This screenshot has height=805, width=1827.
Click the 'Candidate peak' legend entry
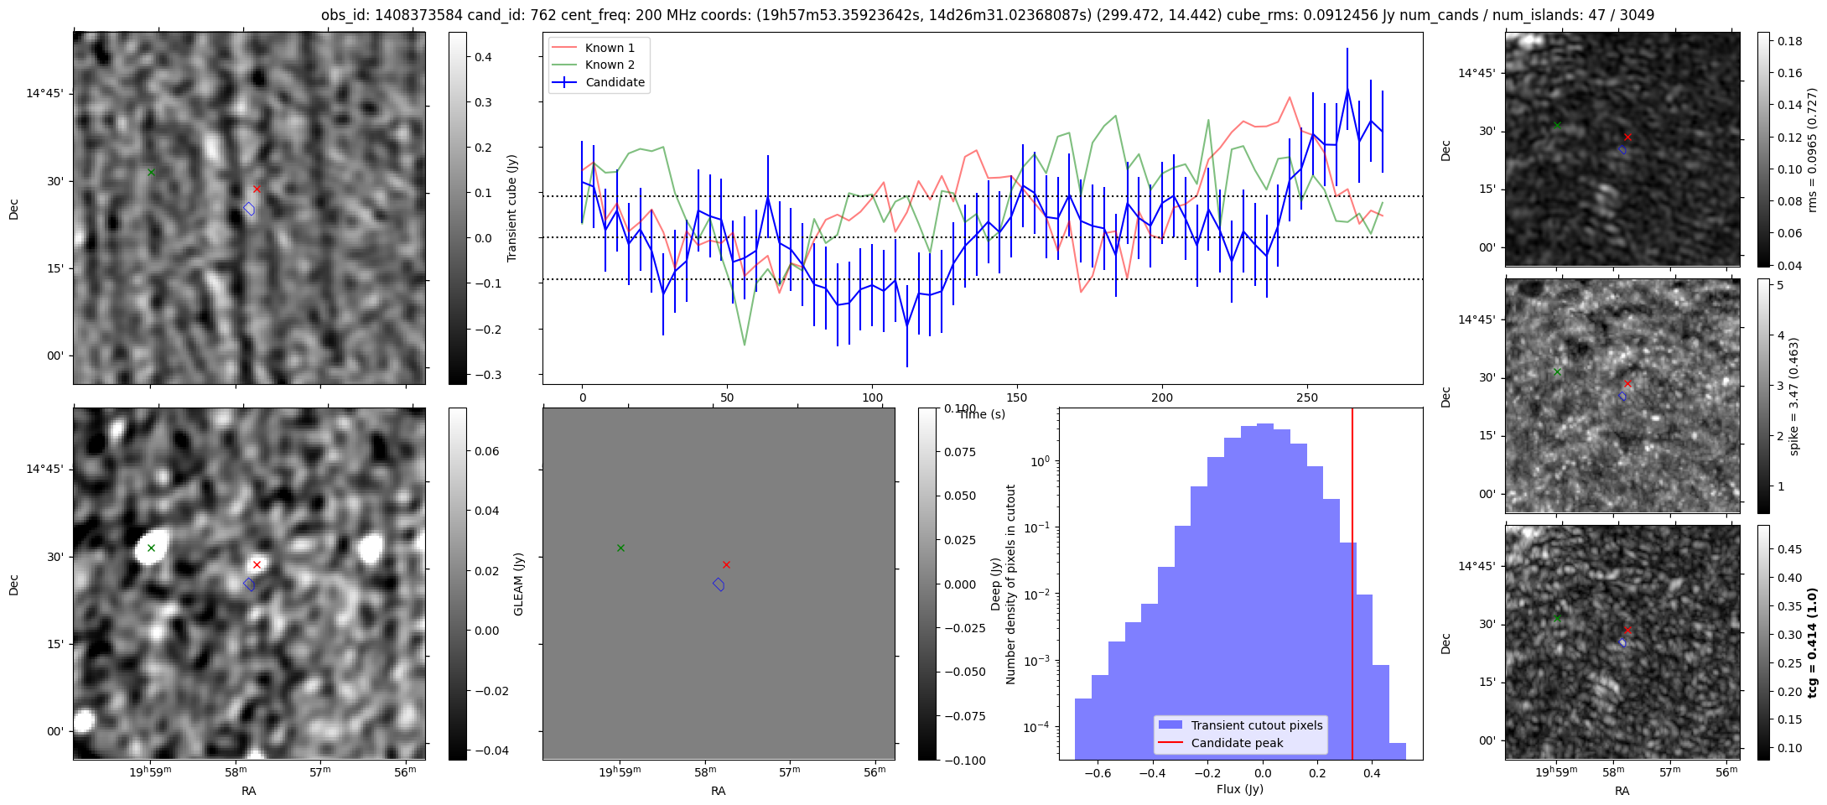[x=1237, y=743]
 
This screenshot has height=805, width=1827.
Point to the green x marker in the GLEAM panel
[x=620, y=548]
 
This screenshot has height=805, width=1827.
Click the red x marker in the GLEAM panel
[x=726, y=564]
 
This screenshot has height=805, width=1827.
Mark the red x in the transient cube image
[x=257, y=189]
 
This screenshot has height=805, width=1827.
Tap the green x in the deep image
[x=151, y=548]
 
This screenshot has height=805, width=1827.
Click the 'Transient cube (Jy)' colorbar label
[x=511, y=208]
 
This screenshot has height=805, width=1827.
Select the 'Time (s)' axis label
[x=981, y=414]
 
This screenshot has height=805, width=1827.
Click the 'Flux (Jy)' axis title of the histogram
[x=1239, y=789]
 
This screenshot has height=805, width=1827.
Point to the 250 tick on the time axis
[x=1306, y=397]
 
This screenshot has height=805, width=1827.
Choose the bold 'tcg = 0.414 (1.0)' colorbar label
[x=1812, y=642]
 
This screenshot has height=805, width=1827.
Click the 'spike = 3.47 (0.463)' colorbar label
[x=1794, y=396]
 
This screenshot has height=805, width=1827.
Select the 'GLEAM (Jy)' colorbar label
[x=518, y=584]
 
